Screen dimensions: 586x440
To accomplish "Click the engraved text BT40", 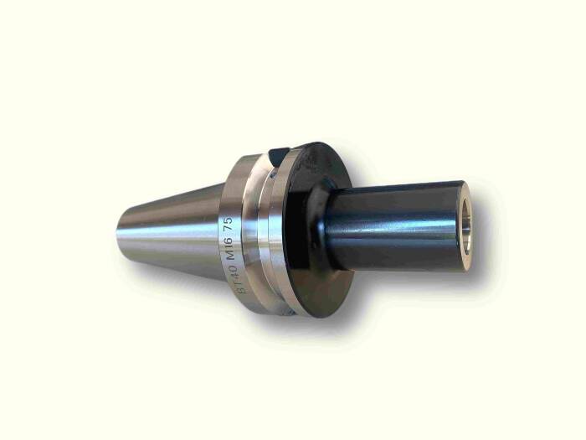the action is [x=238, y=278].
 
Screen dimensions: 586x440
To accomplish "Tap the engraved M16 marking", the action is [x=232, y=248].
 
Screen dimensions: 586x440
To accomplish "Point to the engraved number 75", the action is [x=229, y=225].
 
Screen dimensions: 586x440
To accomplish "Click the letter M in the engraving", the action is [x=233, y=255].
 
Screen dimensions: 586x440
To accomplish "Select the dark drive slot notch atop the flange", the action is [x=279, y=157].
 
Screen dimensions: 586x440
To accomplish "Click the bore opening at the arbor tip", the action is [x=466, y=227].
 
